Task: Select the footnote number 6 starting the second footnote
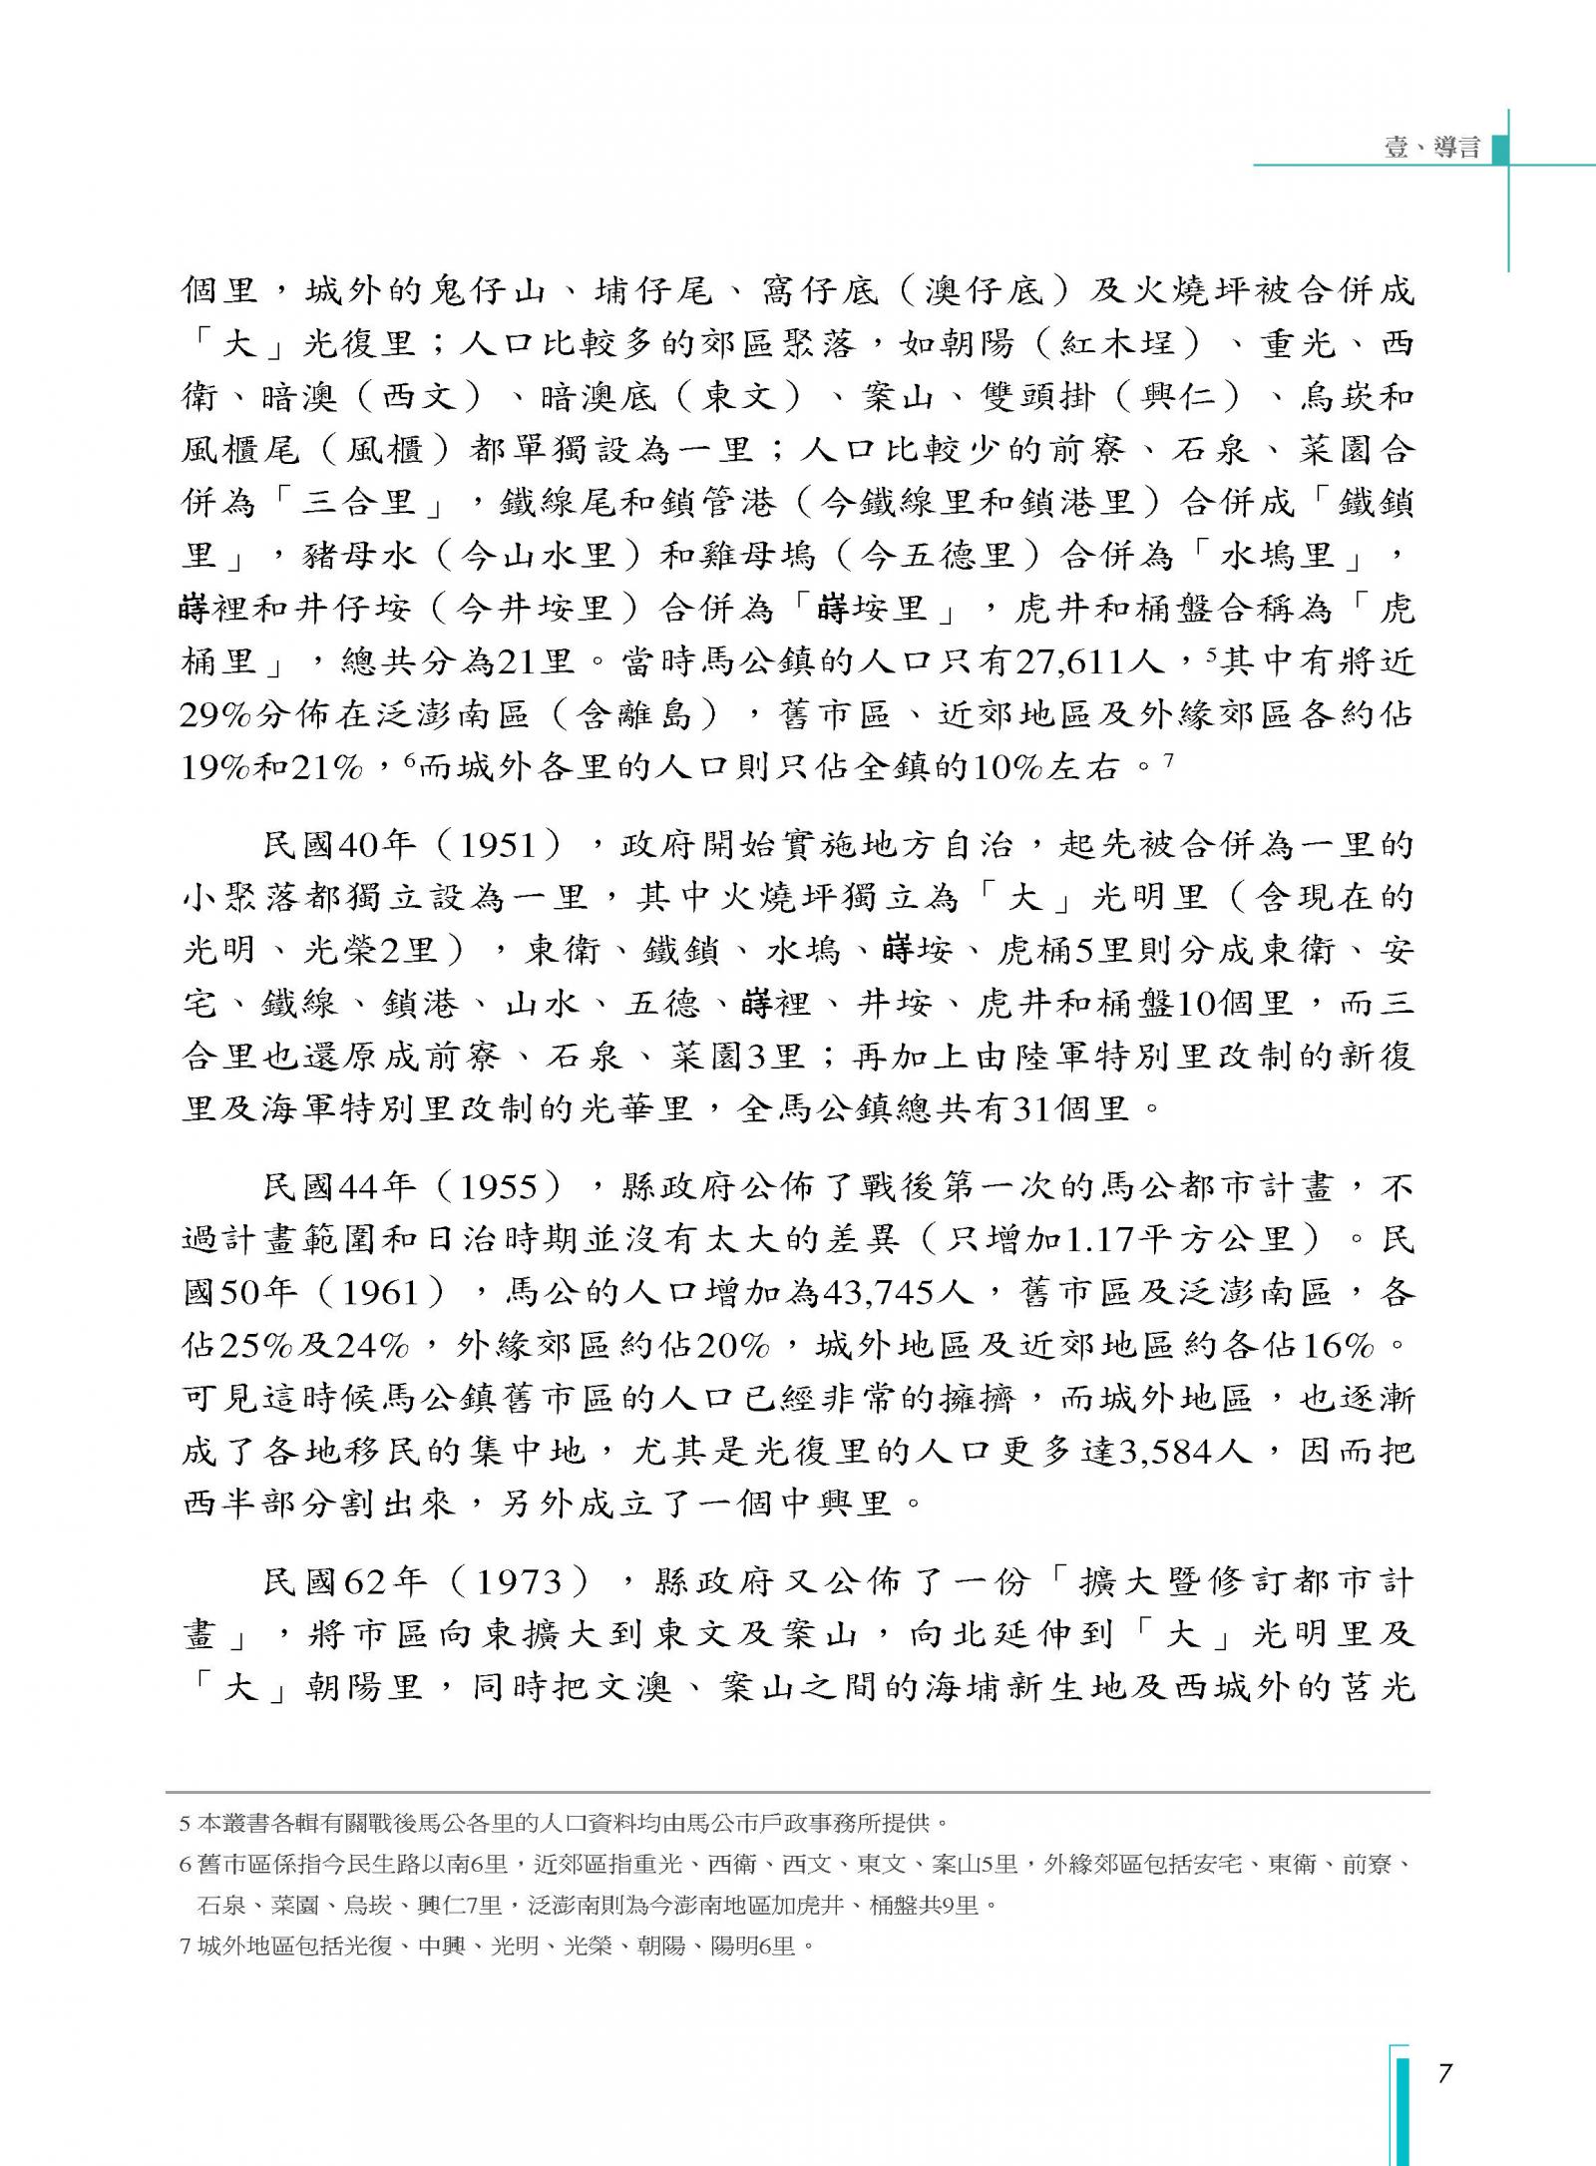pyautogui.click(x=185, y=1864)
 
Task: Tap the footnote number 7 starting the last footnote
pyautogui.click(x=185, y=1946)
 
